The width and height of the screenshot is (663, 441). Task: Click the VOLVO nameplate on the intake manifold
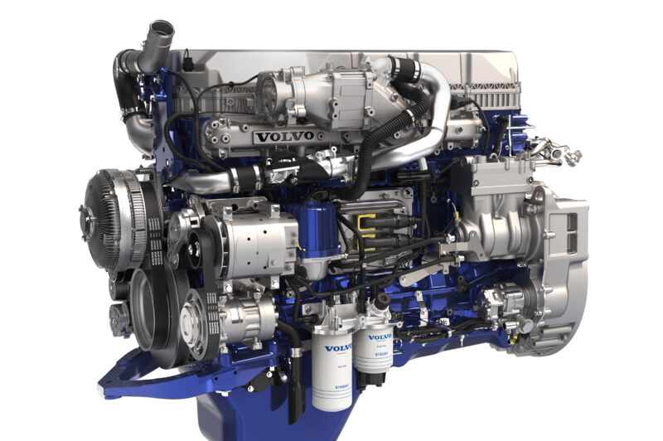point(285,136)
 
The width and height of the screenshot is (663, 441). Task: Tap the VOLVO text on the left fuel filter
point(337,348)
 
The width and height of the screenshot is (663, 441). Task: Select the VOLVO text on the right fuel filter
point(380,337)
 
